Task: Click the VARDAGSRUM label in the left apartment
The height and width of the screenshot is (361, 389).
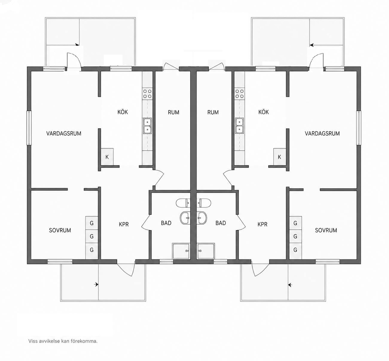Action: pos(64,133)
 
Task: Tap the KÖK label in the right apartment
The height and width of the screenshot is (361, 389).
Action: pos(263,112)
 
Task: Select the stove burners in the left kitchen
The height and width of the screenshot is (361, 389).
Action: pos(147,94)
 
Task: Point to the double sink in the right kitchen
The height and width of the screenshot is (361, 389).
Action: pos(239,126)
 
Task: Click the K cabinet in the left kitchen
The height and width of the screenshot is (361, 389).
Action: pos(107,157)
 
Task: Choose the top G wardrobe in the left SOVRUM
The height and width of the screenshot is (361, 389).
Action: pos(91,223)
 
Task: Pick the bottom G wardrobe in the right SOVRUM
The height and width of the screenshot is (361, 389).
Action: pos(295,250)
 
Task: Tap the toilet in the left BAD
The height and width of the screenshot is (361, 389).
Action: pos(183,203)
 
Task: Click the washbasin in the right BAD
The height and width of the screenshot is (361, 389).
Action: pos(202,218)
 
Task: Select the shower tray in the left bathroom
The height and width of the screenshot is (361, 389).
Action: pos(181,251)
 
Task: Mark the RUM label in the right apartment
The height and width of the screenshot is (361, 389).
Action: pos(213,112)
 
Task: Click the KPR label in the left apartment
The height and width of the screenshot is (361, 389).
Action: pos(124,224)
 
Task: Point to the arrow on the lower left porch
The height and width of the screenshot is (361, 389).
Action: pos(96,284)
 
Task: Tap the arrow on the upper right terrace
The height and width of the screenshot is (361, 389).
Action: pos(312,45)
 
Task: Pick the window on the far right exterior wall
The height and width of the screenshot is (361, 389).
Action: pos(359,128)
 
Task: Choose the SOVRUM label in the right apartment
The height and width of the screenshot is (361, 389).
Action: pos(326,230)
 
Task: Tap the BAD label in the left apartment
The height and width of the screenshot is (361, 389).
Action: pos(166,223)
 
